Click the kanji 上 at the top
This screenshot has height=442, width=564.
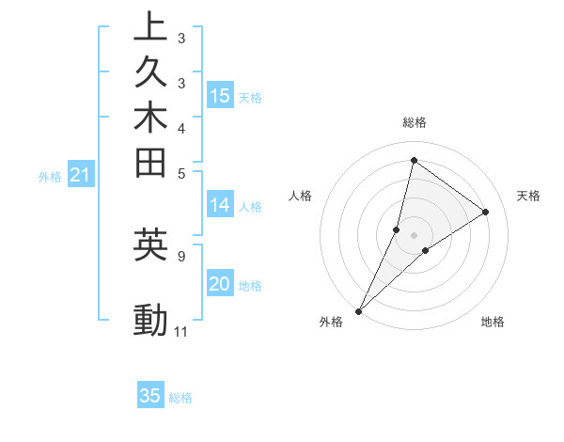[x=150, y=26]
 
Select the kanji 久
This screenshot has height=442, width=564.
[x=150, y=72]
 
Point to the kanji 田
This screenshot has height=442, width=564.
[x=150, y=163]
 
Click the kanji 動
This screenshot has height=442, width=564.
[x=150, y=321]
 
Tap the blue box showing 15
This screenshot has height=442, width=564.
[x=220, y=95]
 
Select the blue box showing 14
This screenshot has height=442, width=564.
[x=220, y=205]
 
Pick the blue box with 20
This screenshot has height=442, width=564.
[x=220, y=285]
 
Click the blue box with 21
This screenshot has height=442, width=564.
[x=81, y=174]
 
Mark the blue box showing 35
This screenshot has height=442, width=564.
[x=150, y=396]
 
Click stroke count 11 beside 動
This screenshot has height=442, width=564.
[x=181, y=332]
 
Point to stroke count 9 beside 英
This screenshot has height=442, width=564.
[x=180, y=255]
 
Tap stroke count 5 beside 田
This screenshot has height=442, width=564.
[x=180, y=173]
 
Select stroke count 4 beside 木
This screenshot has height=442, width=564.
[x=180, y=128]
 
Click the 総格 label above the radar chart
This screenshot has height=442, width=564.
[x=415, y=122]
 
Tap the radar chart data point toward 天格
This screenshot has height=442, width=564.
[x=486, y=212]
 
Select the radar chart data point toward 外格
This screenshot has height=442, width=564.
[x=359, y=311]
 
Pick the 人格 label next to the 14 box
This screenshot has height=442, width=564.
[x=251, y=207]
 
